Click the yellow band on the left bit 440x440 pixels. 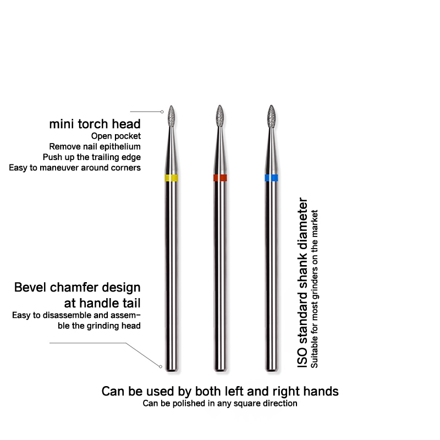pyautogui.click(x=171, y=178)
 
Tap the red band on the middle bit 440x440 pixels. pyautogui.click(x=220, y=178)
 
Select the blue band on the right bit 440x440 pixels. pyautogui.click(x=271, y=178)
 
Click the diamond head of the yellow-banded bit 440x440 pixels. pyautogui.click(x=172, y=116)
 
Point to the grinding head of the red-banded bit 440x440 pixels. pyautogui.click(x=220, y=116)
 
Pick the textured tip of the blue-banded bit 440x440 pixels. pyautogui.click(x=271, y=116)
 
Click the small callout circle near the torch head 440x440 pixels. pyautogui.click(x=162, y=112)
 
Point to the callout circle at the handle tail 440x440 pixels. pyautogui.click(x=161, y=366)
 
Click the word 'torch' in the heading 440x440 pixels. pyautogui.click(x=94, y=124)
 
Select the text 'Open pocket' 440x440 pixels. pyautogui.click(x=116, y=136)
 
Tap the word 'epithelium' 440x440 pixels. pyautogui.click(x=120, y=147)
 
